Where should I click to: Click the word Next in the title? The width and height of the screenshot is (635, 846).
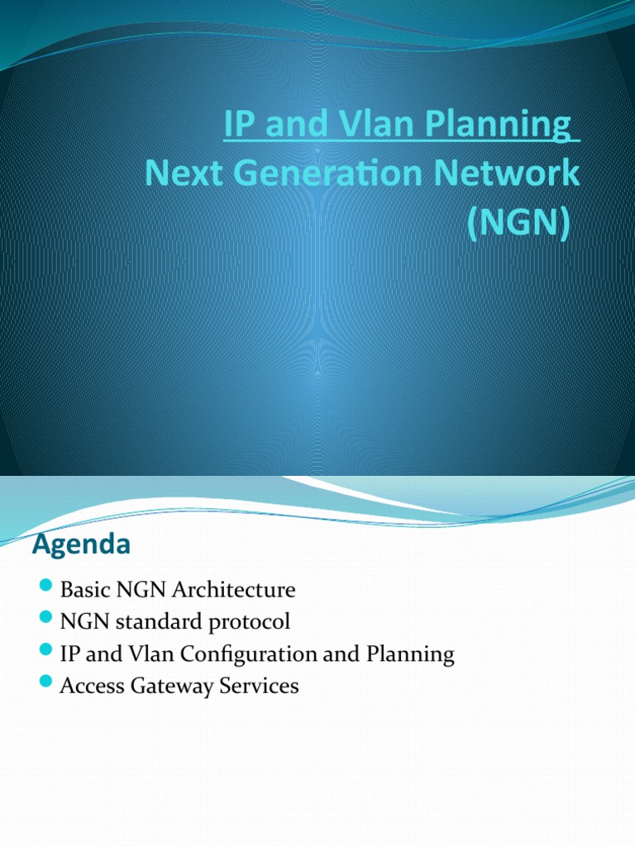[176, 174]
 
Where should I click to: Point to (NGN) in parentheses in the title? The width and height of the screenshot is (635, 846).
[518, 224]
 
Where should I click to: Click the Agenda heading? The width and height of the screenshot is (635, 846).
[81, 545]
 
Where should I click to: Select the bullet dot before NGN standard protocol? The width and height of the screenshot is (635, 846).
[46, 620]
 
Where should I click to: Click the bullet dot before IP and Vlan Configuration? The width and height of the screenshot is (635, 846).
[46, 653]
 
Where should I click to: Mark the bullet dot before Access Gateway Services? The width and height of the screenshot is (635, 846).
[46, 684]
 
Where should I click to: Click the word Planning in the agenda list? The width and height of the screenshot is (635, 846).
[413, 655]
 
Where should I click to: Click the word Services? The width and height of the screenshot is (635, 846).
[260, 686]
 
